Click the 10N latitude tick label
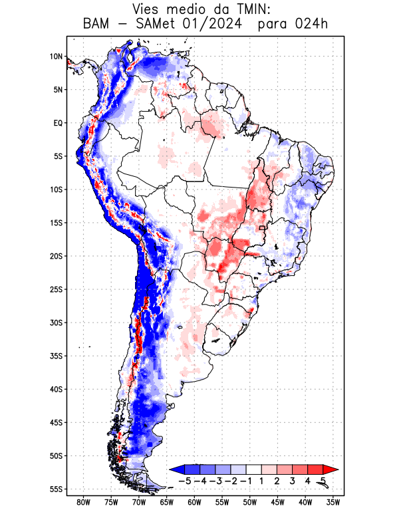pyautogui.click(x=56, y=57)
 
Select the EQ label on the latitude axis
pyautogui.click(x=58, y=123)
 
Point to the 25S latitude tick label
pyautogui.click(x=56, y=289)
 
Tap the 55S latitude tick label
pyautogui.click(x=56, y=489)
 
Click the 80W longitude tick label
pyautogui.click(x=83, y=502)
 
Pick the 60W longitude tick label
pyautogui.click(x=194, y=502)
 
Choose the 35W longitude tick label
pyautogui.click(x=333, y=502)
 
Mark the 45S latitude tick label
pyautogui.click(x=56, y=422)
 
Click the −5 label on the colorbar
pyautogui.click(x=185, y=480)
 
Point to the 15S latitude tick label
pyautogui.click(x=56, y=223)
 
